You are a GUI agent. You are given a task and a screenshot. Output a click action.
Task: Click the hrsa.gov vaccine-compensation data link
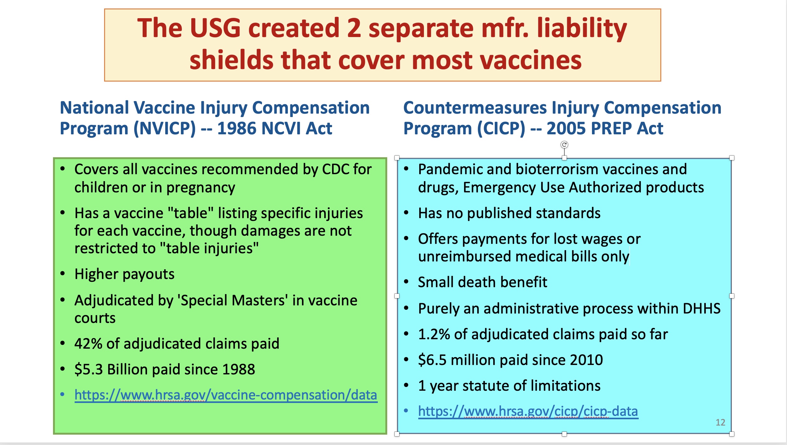click(226, 395)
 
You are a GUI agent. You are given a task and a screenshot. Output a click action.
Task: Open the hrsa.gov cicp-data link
click(528, 411)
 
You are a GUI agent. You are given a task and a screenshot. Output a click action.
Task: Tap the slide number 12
click(721, 422)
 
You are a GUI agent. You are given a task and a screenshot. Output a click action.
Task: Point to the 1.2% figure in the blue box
click(434, 334)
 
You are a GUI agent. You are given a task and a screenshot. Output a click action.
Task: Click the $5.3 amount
click(89, 369)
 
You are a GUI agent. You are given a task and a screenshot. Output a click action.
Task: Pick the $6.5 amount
click(432, 360)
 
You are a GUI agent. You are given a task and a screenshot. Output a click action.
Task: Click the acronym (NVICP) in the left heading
click(165, 128)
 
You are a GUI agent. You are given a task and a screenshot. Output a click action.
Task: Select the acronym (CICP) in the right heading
click(501, 128)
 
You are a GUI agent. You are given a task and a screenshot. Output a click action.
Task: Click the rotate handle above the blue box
click(564, 145)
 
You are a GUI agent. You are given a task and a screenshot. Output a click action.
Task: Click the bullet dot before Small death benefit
click(406, 282)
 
